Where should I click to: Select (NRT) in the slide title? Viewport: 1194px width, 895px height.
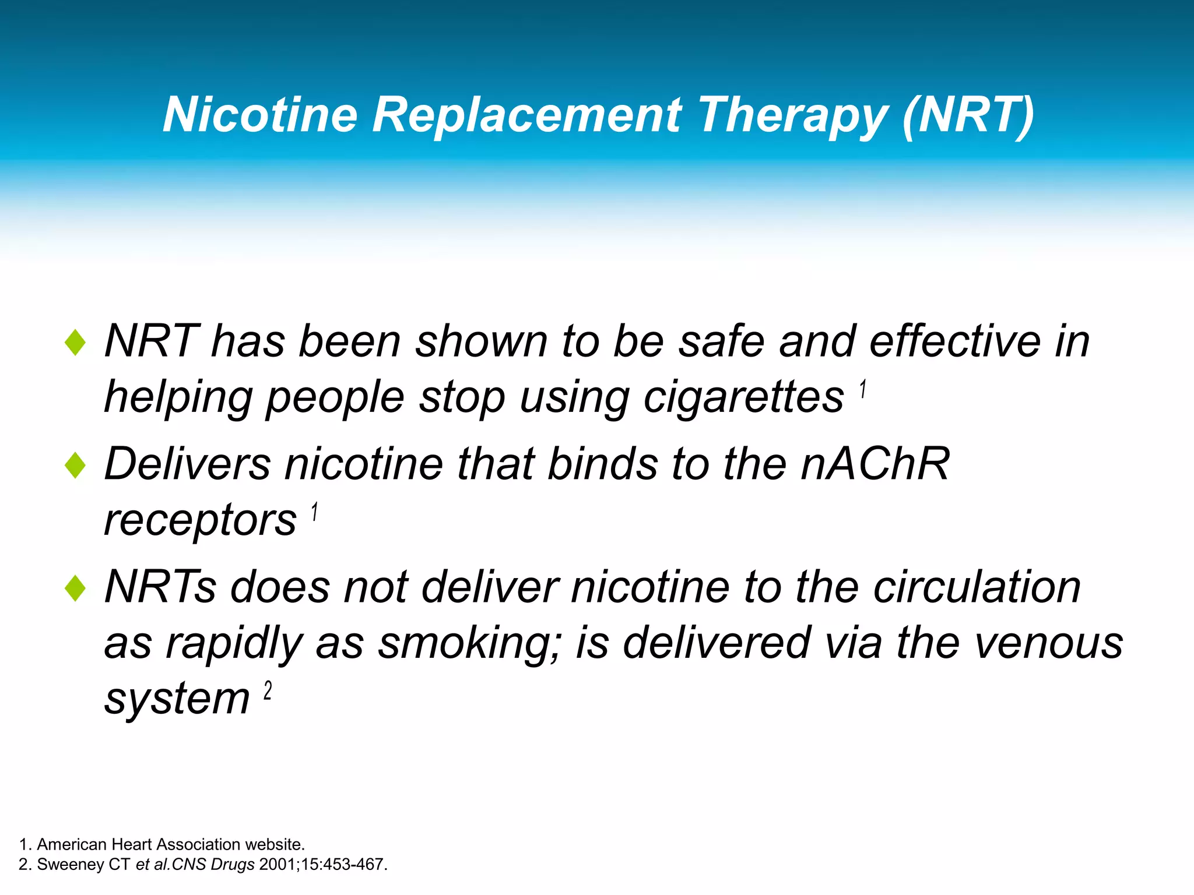point(968,115)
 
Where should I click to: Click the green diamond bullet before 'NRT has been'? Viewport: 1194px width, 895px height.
point(76,343)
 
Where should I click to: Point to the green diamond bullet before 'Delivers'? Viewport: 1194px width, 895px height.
point(76,466)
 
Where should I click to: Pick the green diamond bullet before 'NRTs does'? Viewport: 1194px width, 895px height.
point(76,588)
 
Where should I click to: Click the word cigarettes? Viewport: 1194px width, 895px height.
point(743,397)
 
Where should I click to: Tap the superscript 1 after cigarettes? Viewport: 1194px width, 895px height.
point(863,389)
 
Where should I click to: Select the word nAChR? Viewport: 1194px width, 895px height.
point(875,464)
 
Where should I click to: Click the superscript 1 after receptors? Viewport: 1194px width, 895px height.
point(314,512)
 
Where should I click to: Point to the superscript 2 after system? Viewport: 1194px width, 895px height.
point(268,690)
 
